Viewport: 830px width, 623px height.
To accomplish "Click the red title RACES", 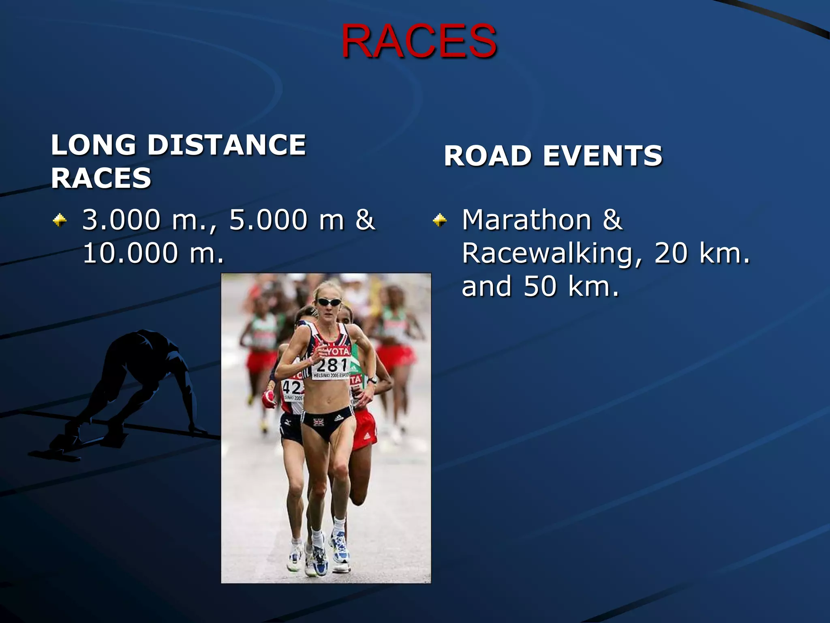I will pyautogui.click(x=419, y=41).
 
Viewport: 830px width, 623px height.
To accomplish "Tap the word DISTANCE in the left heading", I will pyautogui.click(x=227, y=145).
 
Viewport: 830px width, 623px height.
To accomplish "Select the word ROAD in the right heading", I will pyautogui.click(x=488, y=156).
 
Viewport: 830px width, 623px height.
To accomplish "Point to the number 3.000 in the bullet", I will pyautogui.click(x=121, y=220).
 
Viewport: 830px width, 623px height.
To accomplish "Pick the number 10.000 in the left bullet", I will pyautogui.click(x=130, y=253).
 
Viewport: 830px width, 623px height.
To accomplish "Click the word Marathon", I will pyautogui.click(x=527, y=220).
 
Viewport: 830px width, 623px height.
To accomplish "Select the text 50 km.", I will pyautogui.click(x=571, y=286).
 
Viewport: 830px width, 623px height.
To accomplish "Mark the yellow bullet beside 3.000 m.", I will pyautogui.click(x=60, y=220).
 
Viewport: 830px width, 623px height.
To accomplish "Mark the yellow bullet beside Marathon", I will pyautogui.click(x=439, y=220).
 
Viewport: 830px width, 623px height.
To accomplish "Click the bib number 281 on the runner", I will pyautogui.click(x=332, y=365).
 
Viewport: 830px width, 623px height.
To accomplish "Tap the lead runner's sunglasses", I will pyautogui.click(x=329, y=302).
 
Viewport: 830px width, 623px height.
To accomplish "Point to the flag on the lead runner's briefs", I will pyautogui.click(x=319, y=422).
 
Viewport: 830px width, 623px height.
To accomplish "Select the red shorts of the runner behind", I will pyautogui.click(x=364, y=430).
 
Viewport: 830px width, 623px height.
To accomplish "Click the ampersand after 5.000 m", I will pyautogui.click(x=365, y=220).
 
